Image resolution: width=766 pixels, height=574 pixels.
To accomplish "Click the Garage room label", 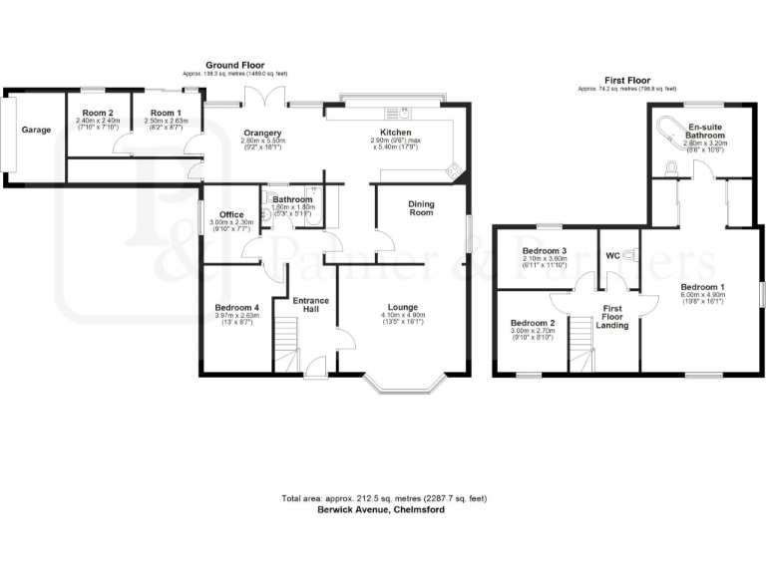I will pyautogui.click(x=37, y=131).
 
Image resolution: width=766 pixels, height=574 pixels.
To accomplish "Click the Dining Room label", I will pyautogui.click(x=422, y=207).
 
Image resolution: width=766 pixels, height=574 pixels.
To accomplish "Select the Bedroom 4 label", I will pyautogui.click(x=236, y=308).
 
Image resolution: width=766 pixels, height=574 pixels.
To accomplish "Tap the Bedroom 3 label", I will pyautogui.click(x=544, y=251).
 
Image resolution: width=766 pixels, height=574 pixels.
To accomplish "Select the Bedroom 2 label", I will pyautogui.click(x=532, y=324).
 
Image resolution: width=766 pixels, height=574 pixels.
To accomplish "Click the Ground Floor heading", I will pyautogui.click(x=234, y=64).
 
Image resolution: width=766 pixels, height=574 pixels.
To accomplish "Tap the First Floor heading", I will pyautogui.click(x=627, y=79).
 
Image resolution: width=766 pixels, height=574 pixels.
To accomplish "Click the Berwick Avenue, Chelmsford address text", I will pyautogui.click(x=382, y=508).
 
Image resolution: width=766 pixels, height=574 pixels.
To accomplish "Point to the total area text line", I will pyautogui.click(x=382, y=497).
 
